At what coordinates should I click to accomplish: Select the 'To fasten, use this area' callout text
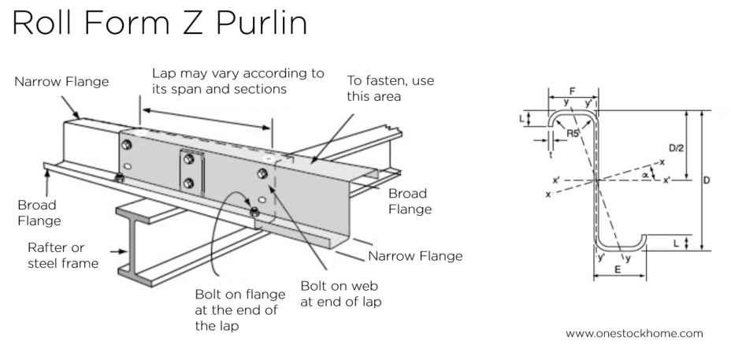click(390, 88)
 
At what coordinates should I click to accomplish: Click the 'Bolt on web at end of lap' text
click(342, 291)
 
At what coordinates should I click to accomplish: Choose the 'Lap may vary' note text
click(237, 80)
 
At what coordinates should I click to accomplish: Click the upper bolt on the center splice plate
click(189, 160)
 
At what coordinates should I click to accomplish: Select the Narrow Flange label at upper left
click(61, 81)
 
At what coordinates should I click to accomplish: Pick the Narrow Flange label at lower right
click(415, 255)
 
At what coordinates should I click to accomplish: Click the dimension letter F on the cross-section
click(572, 91)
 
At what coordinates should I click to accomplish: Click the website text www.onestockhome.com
click(633, 333)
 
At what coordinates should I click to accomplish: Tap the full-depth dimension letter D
click(707, 180)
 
